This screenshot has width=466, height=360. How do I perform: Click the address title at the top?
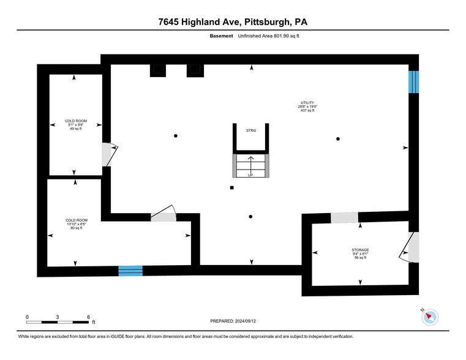pyautogui.click(x=233, y=22)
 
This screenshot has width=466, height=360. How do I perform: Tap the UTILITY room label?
pyautogui.click(x=307, y=106)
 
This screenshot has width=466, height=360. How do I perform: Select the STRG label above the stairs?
pyautogui.click(x=250, y=130)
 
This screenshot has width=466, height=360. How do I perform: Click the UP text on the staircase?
pyautogui.click(x=250, y=175)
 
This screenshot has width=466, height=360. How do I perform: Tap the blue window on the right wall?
pyautogui.click(x=414, y=82)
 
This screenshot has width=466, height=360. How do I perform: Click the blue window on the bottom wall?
pyautogui.click(x=130, y=271)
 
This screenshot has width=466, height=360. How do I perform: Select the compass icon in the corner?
pyautogui.click(x=431, y=317)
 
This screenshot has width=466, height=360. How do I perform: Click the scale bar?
pyautogui.click(x=58, y=321)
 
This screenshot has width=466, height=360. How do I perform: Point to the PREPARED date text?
pyautogui.click(x=233, y=321)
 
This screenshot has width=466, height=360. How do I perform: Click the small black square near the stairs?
pyautogui.click(x=231, y=188)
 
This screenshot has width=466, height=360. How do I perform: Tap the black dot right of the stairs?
pyautogui.click(x=337, y=139)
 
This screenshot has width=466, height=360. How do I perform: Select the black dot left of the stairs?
pyautogui.click(x=176, y=136)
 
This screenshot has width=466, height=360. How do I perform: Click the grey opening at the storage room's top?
pyautogui.click(x=344, y=217)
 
